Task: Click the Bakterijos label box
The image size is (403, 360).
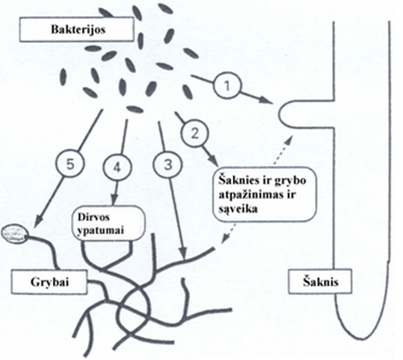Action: point(77,29)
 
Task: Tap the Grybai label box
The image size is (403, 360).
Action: point(49,282)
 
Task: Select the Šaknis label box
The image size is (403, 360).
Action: point(320,281)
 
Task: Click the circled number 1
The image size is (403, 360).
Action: point(227,86)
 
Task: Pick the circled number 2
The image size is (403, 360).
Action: point(195,134)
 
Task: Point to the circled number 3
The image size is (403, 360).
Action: point(168,164)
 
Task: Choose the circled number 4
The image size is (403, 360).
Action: point(117,168)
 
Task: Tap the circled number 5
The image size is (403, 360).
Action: point(70,164)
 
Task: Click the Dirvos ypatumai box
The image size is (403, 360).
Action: point(110,223)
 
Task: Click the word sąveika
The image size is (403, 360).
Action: point(238,209)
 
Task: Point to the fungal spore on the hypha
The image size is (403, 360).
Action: point(15,234)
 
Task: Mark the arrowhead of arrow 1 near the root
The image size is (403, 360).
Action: point(268,101)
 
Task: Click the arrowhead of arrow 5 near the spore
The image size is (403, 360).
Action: point(39,219)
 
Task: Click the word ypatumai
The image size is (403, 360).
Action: point(101,231)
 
